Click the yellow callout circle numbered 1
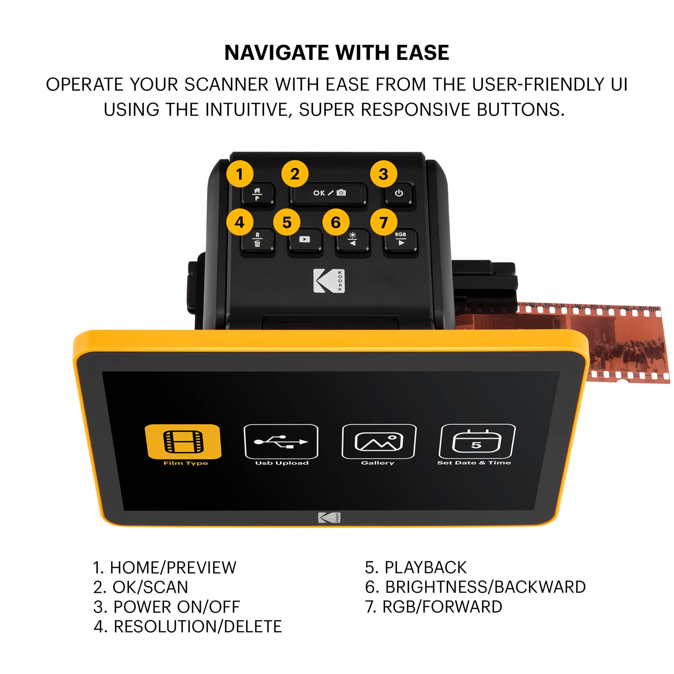239,174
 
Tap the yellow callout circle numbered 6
336,222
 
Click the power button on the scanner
399,194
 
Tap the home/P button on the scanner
257,194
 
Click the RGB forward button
400,241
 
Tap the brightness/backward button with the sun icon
353,241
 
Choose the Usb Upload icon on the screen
281,442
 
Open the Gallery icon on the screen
379,442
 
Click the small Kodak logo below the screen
329,518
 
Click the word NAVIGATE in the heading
276,53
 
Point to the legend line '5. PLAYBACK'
416,568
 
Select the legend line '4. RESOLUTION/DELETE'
187,626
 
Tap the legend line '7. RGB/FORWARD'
433,607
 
